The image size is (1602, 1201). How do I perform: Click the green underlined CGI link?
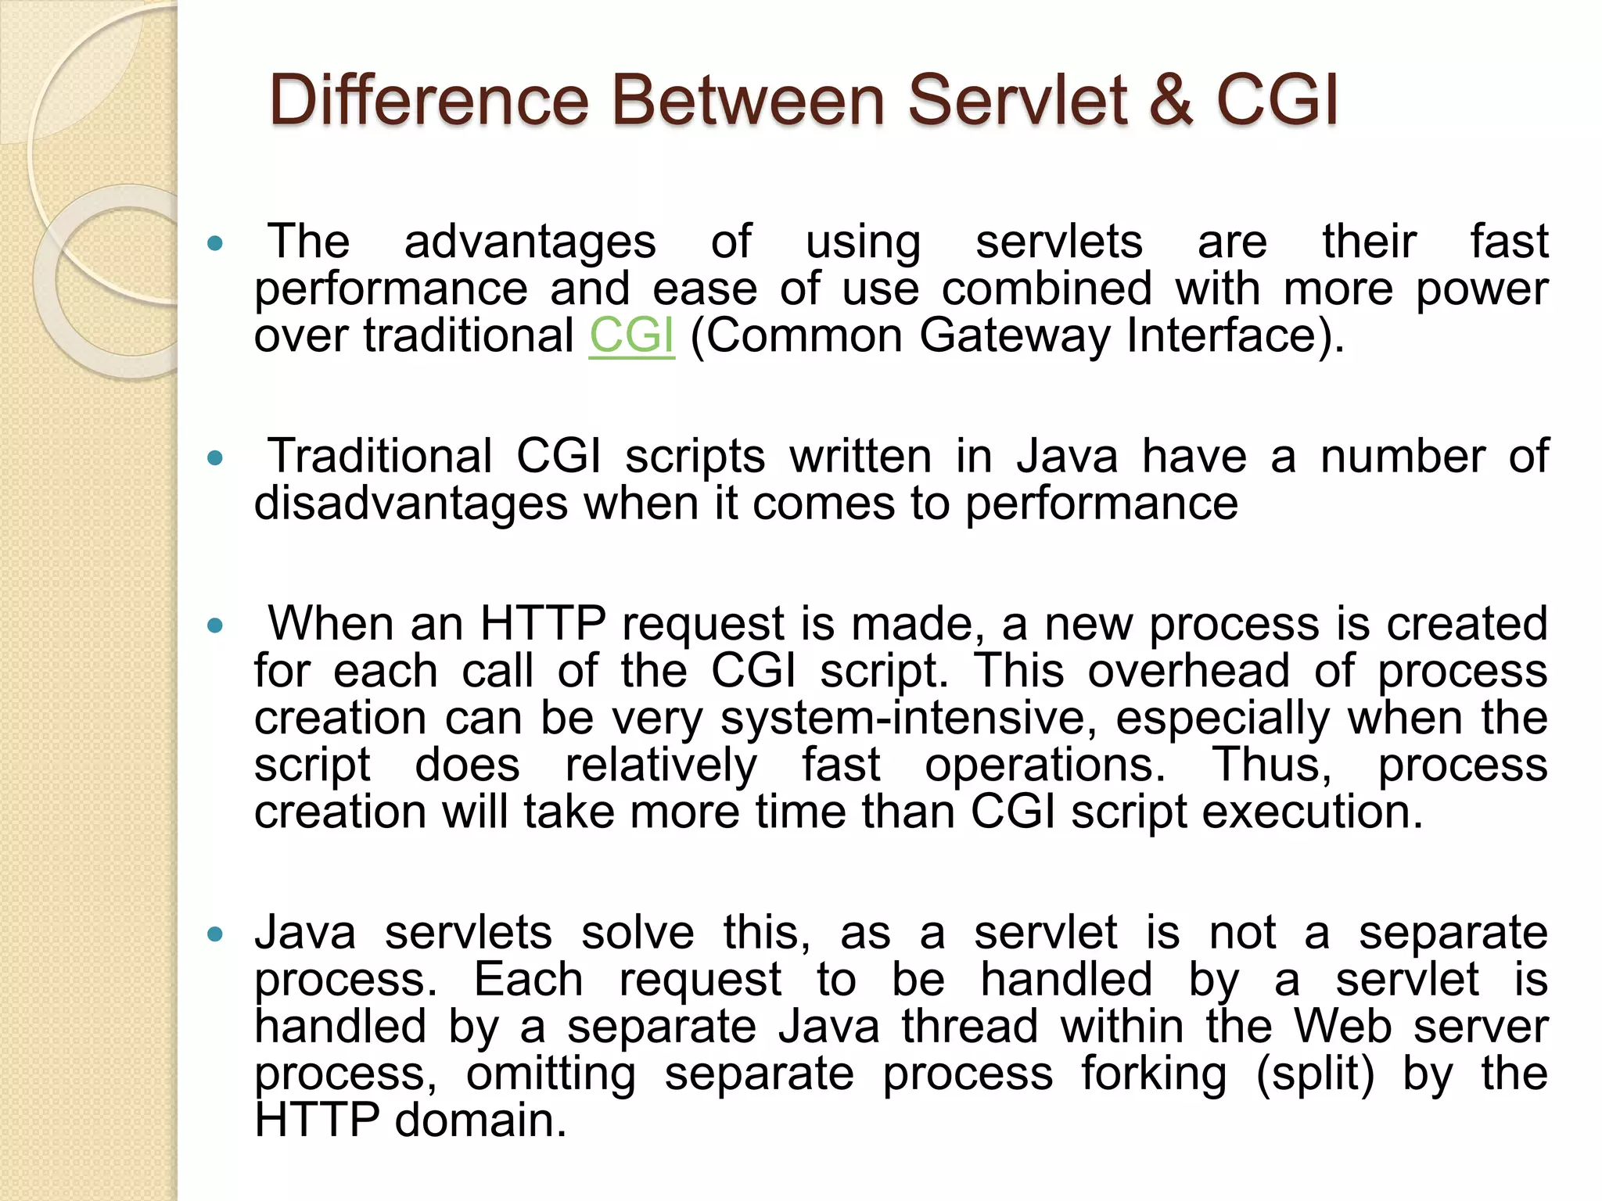point(631,335)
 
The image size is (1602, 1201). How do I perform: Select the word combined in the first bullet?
point(1047,289)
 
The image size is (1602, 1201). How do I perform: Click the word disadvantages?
point(411,503)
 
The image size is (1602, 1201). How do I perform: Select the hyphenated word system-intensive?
point(908,718)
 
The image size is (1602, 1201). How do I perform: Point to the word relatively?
point(661,765)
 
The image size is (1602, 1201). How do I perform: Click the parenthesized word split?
point(1315,1074)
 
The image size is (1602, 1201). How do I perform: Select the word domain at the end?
point(480,1120)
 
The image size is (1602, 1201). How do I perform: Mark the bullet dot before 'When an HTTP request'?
point(216,626)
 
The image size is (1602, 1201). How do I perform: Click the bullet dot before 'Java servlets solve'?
point(216,934)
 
